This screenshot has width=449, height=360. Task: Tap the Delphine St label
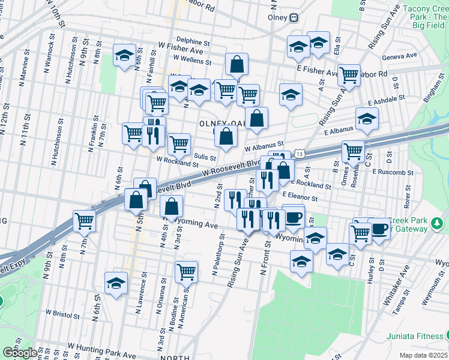tap(193, 43)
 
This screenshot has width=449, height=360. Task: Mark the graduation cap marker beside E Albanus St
tap(367, 118)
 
